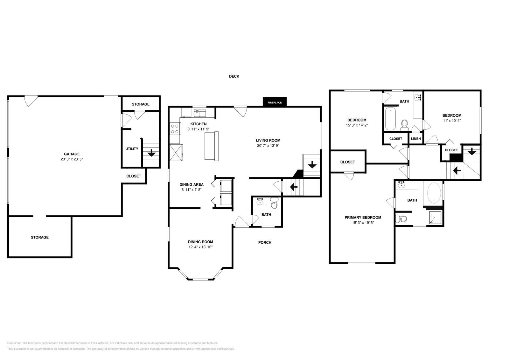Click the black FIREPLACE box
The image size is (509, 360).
click(275, 102)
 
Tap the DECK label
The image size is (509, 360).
click(234, 76)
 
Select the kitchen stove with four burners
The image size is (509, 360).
click(175, 128)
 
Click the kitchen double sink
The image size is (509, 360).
click(200, 113)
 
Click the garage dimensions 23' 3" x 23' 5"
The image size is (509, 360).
click(72, 159)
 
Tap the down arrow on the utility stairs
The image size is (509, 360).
click(151, 153)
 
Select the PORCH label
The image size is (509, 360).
click(264, 242)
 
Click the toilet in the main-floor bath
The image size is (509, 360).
click(274, 204)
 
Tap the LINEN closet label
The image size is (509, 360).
click(416, 139)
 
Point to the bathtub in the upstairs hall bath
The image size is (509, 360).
click(390, 119)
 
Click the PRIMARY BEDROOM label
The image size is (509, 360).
click(363, 218)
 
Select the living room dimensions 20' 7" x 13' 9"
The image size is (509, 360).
click(268, 146)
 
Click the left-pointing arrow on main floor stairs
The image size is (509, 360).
click(294, 187)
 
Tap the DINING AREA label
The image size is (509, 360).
click(191, 184)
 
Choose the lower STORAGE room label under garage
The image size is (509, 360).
click(40, 237)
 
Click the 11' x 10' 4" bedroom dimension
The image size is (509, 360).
click(452, 121)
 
